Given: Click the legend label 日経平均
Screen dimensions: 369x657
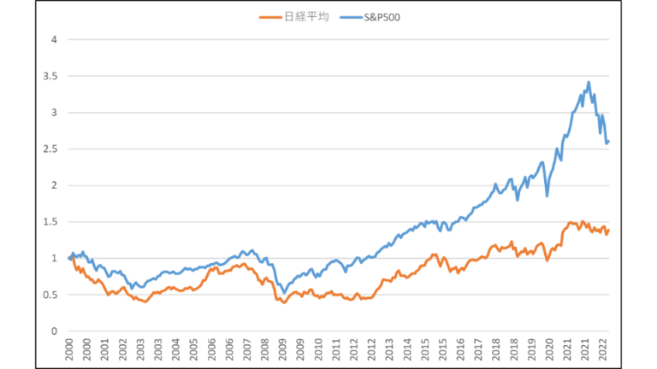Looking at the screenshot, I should click(x=305, y=16).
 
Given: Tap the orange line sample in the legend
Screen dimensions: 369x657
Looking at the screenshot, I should click(x=272, y=16).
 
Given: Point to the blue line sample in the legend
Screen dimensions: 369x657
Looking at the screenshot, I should click(x=348, y=16).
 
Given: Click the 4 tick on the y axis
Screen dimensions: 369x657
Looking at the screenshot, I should click(x=53, y=39).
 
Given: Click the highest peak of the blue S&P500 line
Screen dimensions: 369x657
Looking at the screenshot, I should click(x=589, y=82).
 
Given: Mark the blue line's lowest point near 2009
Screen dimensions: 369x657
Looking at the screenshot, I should click(x=284, y=293).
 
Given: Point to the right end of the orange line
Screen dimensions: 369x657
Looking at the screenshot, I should click(x=608, y=230).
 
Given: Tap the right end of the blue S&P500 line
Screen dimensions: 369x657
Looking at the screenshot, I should click(x=608, y=141).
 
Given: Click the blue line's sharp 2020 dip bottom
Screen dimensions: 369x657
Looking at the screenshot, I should click(x=547, y=196).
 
